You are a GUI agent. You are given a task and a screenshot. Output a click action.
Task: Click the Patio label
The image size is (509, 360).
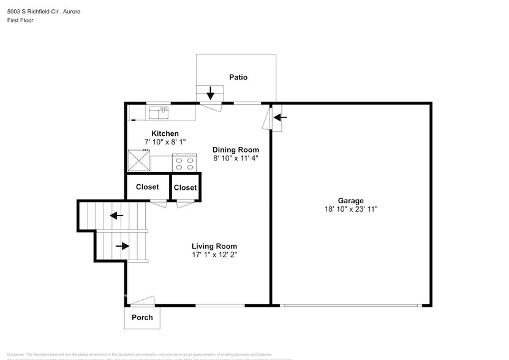[x=238, y=77]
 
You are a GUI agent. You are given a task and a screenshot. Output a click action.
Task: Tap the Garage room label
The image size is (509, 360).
[x=351, y=200]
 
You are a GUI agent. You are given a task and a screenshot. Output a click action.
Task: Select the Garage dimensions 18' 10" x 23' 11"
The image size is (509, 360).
[x=351, y=209]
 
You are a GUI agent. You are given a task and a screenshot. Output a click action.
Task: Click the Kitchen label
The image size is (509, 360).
[x=165, y=133]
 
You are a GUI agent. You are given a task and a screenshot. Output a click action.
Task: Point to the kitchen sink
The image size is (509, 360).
[x=159, y=113]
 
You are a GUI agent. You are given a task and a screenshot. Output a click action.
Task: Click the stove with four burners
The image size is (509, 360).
[x=184, y=163]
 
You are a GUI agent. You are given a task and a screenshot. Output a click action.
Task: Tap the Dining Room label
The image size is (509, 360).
[x=236, y=149]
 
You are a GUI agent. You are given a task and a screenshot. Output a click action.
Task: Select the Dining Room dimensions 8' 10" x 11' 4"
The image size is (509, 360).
[x=236, y=158]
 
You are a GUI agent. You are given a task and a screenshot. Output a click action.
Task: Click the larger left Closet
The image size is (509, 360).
[x=147, y=187]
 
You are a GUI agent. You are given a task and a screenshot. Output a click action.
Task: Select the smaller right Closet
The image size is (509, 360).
[x=185, y=188]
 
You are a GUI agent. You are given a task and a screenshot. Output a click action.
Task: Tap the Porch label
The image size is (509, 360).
[x=142, y=318]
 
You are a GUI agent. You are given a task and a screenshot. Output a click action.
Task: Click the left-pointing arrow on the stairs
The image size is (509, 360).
[x=116, y=216]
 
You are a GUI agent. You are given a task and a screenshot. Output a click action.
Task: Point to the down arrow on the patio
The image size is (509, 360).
[x=210, y=93]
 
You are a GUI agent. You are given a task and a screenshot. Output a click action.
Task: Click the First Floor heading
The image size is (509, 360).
[x=21, y=20]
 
